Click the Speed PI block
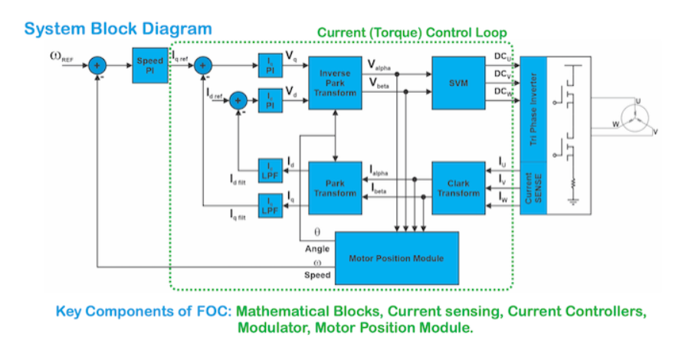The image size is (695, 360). [145, 66]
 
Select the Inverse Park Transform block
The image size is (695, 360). [335, 83]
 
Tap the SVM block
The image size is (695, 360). [457, 82]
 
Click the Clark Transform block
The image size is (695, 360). [457, 188]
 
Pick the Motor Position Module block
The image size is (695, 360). [396, 258]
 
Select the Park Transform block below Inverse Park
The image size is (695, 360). [335, 188]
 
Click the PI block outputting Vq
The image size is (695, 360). [270, 66]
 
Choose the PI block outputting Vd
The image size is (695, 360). [270, 100]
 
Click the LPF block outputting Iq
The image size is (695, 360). [270, 205]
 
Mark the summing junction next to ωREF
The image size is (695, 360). [97, 66]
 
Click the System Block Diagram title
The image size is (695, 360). [118, 29]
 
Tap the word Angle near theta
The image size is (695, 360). [317, 248]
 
